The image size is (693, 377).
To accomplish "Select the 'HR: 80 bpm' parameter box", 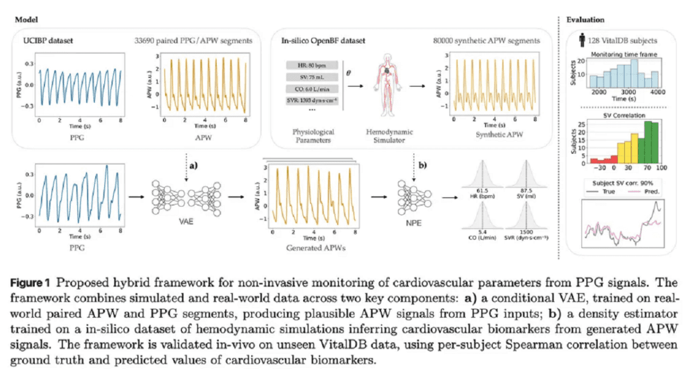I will coord(308,63).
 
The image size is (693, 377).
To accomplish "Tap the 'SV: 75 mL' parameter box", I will coord(308,76).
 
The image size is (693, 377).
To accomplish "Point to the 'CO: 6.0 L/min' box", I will coord(308,89).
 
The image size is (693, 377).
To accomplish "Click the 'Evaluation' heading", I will coord(585,20).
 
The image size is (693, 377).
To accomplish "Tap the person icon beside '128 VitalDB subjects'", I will coord(583,41).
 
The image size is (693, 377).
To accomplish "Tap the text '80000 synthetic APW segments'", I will coord(486,41).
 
